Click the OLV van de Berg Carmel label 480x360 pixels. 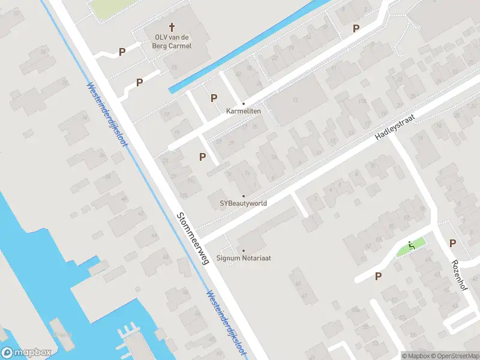pyautogui.click(x=172, y=41)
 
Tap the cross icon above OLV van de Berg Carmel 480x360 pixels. pyautogui.click(x=172, y=27)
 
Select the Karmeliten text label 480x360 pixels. pyautogui.click(x=243, y=111)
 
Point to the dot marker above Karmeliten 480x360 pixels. pyautogui.click(x=243, y=103)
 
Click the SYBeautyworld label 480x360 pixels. pyautogui.click(x=243, y=203)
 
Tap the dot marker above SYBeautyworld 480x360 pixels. pyautogui.click(x=243, y=196)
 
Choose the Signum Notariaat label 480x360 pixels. pyautogui.click(x=244, y=258)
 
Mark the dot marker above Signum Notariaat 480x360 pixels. pyautogui.click(x=243, y=251)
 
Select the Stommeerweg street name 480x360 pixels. pyautogui.click(x=192, y=238)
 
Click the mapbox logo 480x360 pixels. pyautogui.click(x=26, y=352)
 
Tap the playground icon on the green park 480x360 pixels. pyautogui.click(x=411, y=245)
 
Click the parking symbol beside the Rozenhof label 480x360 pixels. pyautogui.click(x=453, y=243)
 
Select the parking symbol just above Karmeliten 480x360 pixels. pyautogui.click(x=214, y=98)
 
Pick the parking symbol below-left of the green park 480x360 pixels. pyautogui.click(x=378, y=276)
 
